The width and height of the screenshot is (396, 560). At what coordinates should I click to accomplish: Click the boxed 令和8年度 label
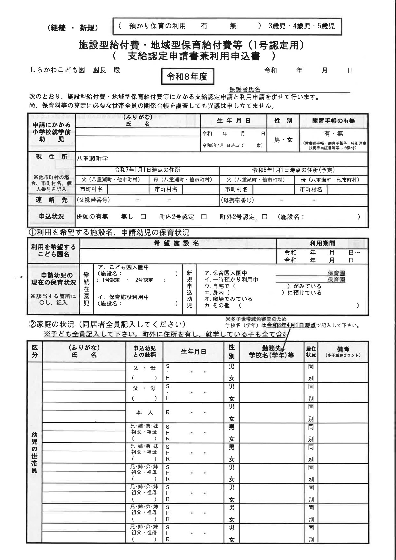click(x=187, y=77)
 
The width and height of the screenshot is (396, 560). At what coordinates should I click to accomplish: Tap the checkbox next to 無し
click(x=143, y=217)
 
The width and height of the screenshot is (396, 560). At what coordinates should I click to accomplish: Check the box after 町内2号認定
click(x=204, y=217)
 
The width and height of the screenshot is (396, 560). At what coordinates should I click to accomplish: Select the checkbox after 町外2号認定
click(x=264, y=217)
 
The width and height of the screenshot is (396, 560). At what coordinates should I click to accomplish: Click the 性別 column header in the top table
click(x=283, y=121)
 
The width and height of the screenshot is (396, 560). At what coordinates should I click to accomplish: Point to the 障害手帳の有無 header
click(x=333, y=121)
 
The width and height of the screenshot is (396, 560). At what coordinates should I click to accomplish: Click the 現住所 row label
click(x=52, y=157)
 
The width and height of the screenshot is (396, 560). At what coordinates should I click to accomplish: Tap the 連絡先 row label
click(x=52, y=200)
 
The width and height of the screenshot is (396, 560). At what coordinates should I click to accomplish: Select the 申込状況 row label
click(x=52, y=217)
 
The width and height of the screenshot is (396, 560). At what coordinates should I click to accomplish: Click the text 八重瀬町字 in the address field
click(x=92, y=159)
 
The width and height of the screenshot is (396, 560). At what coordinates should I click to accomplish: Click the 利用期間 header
click(x=322, y=243)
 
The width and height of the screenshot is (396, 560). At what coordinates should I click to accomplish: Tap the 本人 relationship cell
click(x=144, y=413)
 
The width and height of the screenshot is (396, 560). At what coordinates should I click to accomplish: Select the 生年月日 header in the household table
click(x=193, y=352)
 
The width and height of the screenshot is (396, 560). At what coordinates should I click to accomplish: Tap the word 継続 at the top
click(x=59, y=28)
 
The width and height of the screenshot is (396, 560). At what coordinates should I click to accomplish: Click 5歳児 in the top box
click(x=326, y=26)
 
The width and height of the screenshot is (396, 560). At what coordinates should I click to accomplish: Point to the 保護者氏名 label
click(x=245, y=89)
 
